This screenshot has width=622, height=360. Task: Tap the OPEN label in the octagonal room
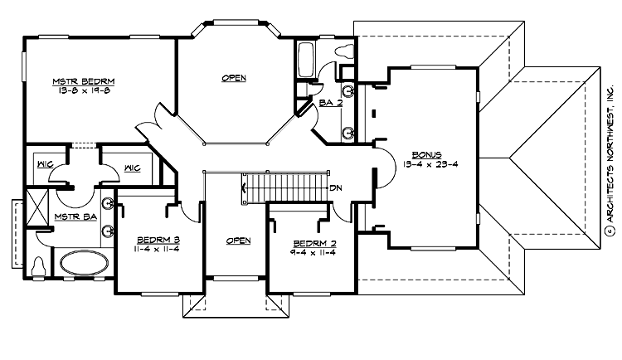(x=234, y=78)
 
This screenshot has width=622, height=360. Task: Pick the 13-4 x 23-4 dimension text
(x=430, y=163)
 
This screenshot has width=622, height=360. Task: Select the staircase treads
(x=286, y=188)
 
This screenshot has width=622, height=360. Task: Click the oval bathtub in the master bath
(x=81, y=264)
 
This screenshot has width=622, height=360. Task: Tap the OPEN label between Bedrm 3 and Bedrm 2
(x=238, y=241)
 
